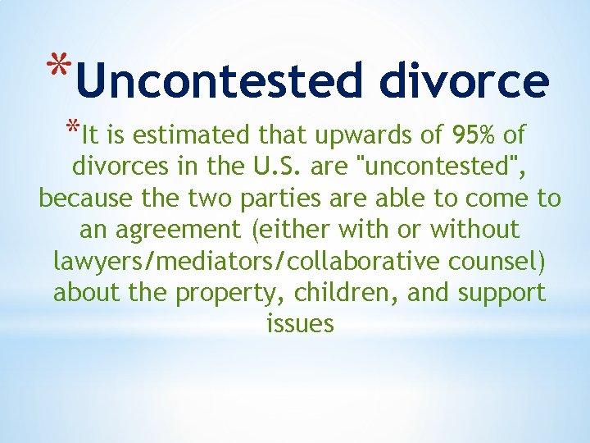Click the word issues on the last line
(300, 323)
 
